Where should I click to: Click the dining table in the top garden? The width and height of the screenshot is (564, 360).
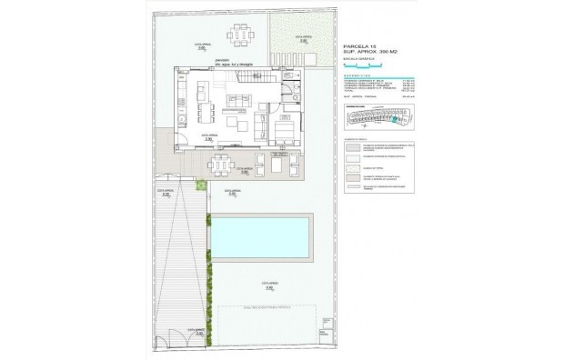point(240,36)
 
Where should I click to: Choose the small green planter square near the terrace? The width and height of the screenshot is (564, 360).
point(202,185)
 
